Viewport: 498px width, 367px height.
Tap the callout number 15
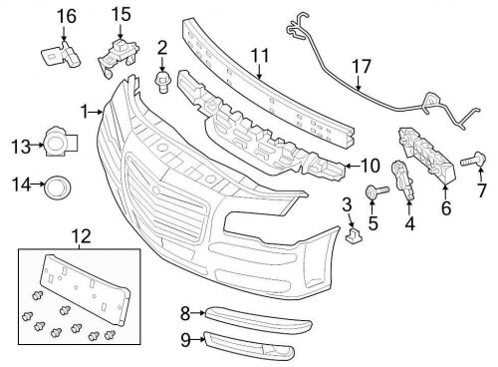[121, 14]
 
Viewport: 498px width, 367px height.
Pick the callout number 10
[370, 166]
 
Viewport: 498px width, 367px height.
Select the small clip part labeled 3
[352, 236]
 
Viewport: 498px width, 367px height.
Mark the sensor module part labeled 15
[118, 55]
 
